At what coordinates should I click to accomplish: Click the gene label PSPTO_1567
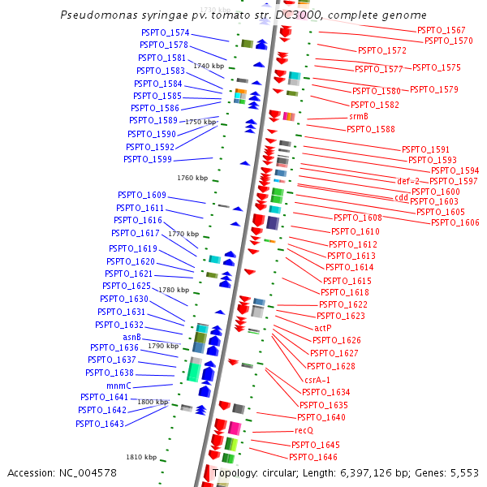point(441,30)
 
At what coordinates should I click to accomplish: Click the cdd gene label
point(401,197)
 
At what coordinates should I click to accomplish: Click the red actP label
point(323,328)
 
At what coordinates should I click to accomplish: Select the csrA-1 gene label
point(317,379)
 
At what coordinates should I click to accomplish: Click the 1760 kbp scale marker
point(192,178)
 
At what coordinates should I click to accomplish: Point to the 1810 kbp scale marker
point(140,457)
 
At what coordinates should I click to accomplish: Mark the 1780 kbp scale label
point(173,290)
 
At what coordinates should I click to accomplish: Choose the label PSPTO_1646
point(314,457)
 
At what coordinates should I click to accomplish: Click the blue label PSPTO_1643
point(100,424)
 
